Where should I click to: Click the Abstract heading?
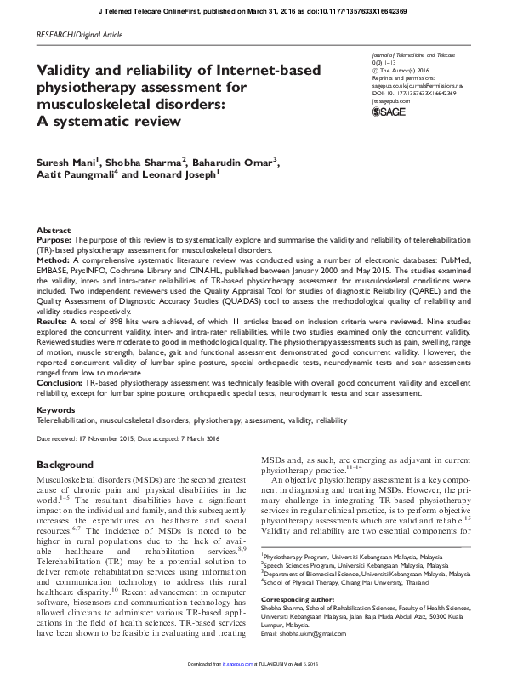click(x=54, y=232)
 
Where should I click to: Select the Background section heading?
click(x=65, y=466)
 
